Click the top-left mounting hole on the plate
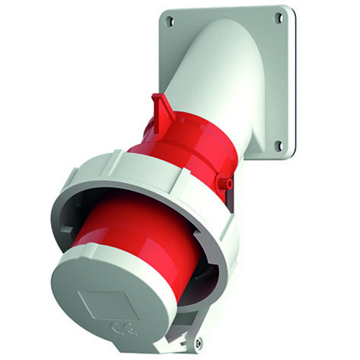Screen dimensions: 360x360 170,22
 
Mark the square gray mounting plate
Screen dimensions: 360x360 274,79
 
